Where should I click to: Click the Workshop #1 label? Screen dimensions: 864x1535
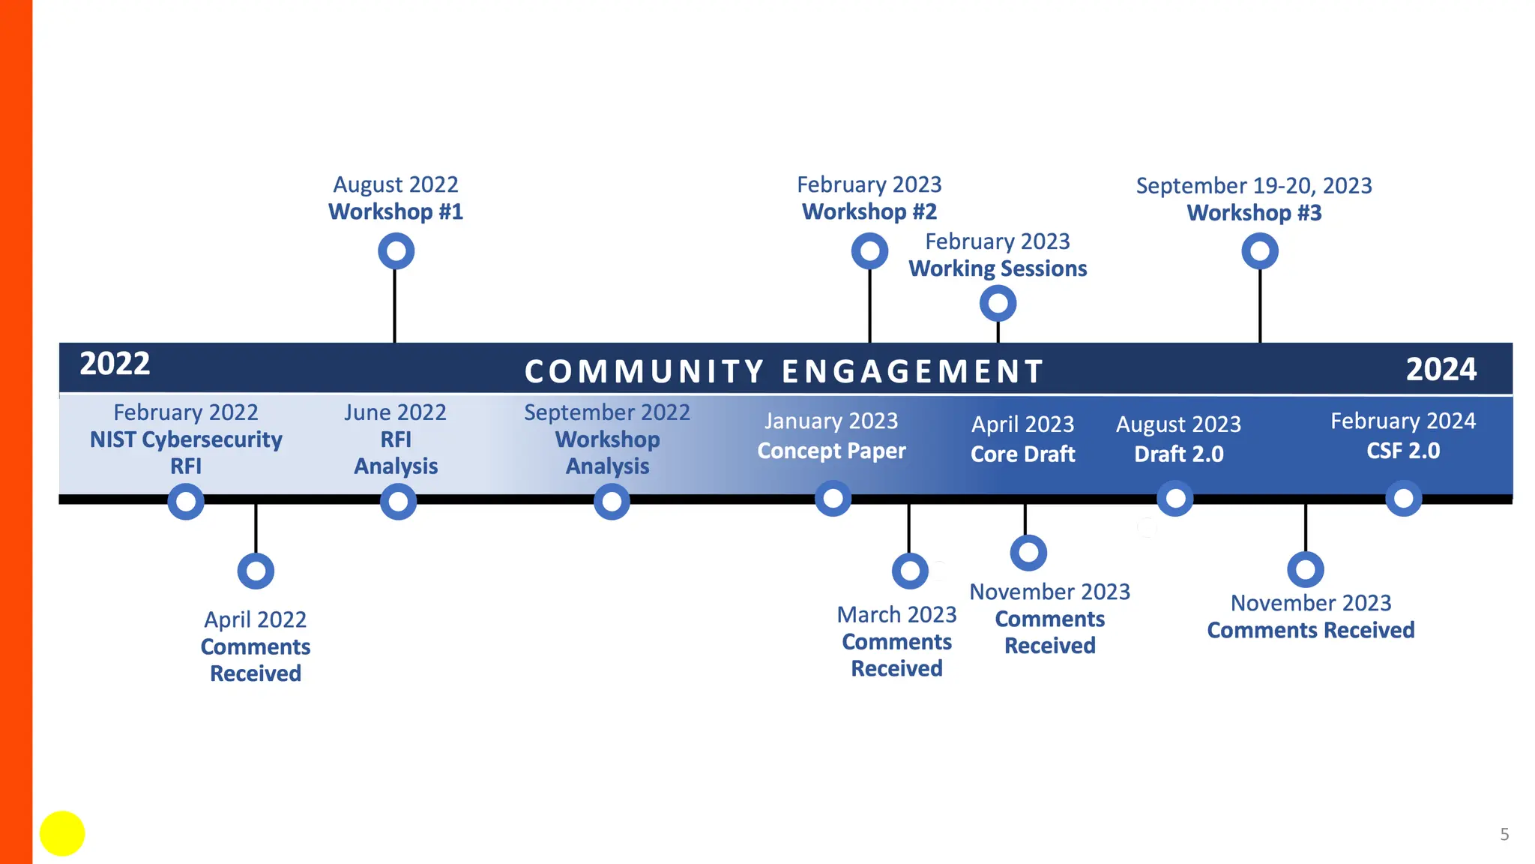(x=396, y=212)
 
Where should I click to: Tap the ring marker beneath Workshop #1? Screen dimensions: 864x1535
(x=396, y=251)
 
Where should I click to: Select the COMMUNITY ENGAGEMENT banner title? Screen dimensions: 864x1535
(x=784, y=371)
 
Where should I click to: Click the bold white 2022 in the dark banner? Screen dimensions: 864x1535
(x=115, y=364)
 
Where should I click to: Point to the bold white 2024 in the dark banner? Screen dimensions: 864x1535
(x=1441, y=369)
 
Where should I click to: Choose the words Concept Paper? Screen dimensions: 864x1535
(x=831, y=451)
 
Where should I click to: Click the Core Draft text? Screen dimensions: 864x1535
(x=1023, y=454)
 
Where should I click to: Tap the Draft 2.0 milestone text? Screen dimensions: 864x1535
(x=1178, y=454)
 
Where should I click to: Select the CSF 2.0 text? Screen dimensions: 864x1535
(x=1403, y=451)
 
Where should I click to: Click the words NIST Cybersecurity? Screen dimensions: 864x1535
(x=186, y=439)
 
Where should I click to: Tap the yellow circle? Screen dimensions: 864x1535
(x=62, y=833)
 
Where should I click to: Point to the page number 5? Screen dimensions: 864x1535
(x=1504, y=834)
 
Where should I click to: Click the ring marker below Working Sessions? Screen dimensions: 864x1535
(x=998, y=304)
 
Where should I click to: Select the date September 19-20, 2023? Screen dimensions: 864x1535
(x=1254, y=185)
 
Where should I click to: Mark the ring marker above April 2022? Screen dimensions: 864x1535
(x=256, y=571)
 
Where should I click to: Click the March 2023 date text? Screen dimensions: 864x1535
(x=896, y=615)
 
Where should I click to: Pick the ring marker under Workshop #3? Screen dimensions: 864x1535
(x=1260, y=251)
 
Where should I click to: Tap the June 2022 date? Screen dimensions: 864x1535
(x=395, y=412)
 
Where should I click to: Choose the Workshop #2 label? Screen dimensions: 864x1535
(x=869, y=212)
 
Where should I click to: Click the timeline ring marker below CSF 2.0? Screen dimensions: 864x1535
(x=1403, y=499)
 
